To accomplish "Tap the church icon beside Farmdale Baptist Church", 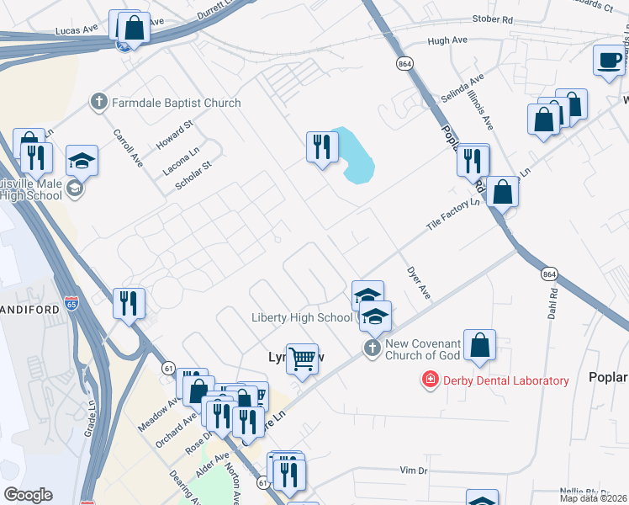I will pos(98,103).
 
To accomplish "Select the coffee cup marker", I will pos(610,61).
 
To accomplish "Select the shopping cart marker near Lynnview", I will pos(303,358).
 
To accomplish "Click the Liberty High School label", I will pos(302,317).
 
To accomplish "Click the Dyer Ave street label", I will pos(418,284).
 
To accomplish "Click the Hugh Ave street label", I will pos(447,40).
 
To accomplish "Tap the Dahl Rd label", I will pos(553,304).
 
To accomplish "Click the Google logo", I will pos(28,495).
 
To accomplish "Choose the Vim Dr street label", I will pos(414,469).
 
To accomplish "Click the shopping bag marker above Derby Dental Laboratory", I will pos(479,345).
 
